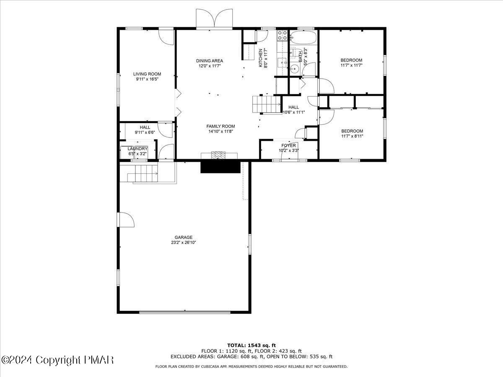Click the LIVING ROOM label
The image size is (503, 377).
pos(147,74)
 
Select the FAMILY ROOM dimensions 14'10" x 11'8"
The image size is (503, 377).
pos(220,132)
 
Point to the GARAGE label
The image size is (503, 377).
pos(184,237)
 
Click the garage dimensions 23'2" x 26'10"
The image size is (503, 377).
pos(184,243)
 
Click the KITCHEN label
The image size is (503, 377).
pos(260,58)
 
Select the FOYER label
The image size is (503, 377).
pos(288,145)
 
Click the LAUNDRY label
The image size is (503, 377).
pos(137,149)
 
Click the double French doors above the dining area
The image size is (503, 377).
pos(214,19)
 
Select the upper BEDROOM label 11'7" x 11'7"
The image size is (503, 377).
pos(351,60)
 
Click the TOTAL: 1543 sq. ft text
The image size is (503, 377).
pos(251,345)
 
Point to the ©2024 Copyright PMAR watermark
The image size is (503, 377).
pos(57,360)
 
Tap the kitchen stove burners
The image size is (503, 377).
pos(283,35)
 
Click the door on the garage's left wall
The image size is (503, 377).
pos(126,219)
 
